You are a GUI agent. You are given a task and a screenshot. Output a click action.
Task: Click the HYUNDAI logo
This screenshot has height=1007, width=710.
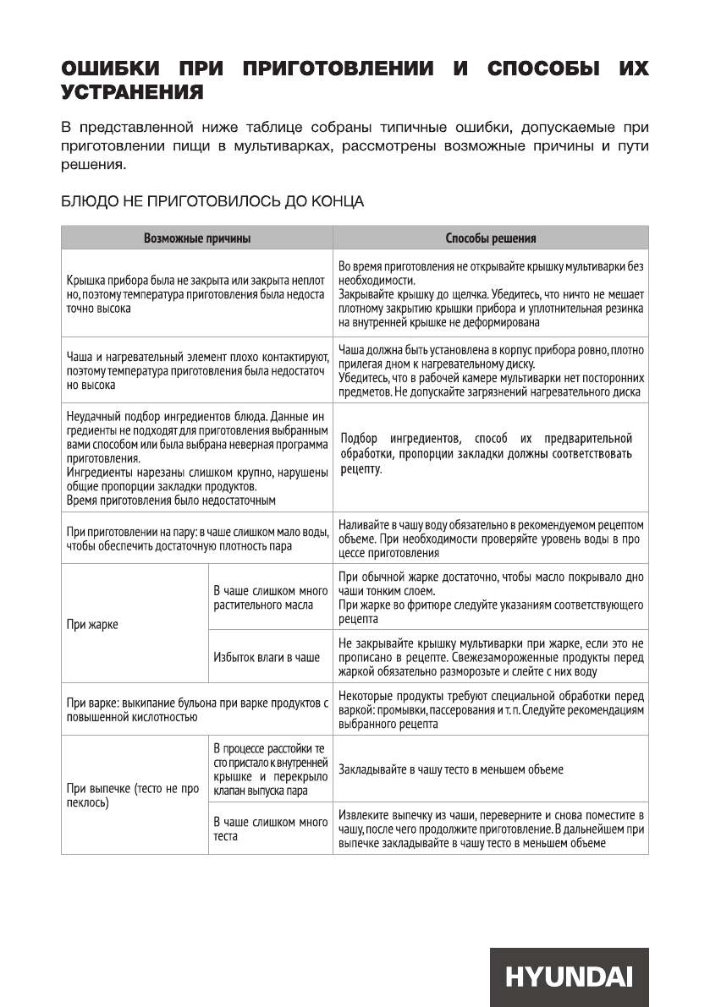[x=569, y=977]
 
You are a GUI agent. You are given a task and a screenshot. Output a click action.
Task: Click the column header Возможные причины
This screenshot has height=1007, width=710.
[x=196, y=238]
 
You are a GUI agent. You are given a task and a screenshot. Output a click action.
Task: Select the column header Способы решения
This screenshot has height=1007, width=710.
[x=490, y=238]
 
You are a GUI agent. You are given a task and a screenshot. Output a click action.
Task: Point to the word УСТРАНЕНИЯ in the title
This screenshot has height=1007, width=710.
[x=132, y=90]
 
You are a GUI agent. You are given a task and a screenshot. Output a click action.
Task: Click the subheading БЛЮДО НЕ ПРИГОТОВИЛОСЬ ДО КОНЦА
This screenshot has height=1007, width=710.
[x=212, y=202]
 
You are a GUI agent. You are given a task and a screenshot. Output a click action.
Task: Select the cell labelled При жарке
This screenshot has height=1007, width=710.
[x=93, y=624]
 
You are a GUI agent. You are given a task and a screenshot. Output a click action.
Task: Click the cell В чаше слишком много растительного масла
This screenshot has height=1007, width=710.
[x=270, y=597]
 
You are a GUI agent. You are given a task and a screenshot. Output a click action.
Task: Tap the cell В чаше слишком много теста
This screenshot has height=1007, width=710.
[x=270, y=829]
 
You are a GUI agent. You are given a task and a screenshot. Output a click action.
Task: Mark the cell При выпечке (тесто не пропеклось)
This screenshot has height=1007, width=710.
[x=133, y=796]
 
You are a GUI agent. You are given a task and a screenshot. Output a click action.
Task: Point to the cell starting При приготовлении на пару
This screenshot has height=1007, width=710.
[x=196, y=539]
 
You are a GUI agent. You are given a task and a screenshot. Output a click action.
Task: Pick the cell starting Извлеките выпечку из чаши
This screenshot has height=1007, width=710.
[x=490, y=829]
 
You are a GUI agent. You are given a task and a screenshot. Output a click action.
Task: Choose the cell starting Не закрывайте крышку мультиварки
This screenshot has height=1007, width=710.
[x=490, y=656]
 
